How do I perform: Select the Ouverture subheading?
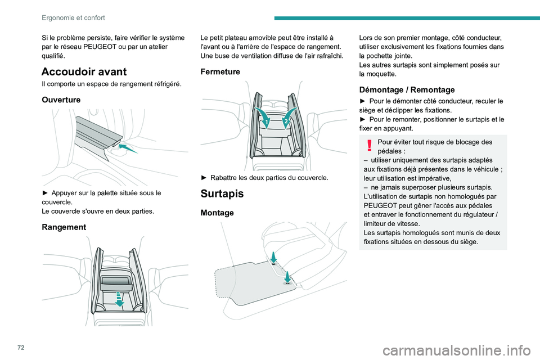click(x=61, y=99)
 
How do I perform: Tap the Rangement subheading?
click(x=64, y=227)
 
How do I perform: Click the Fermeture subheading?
click(x=220, y=72)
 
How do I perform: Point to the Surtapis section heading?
click(x=222, y=193)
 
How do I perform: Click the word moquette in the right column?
click(x=386, y=74)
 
